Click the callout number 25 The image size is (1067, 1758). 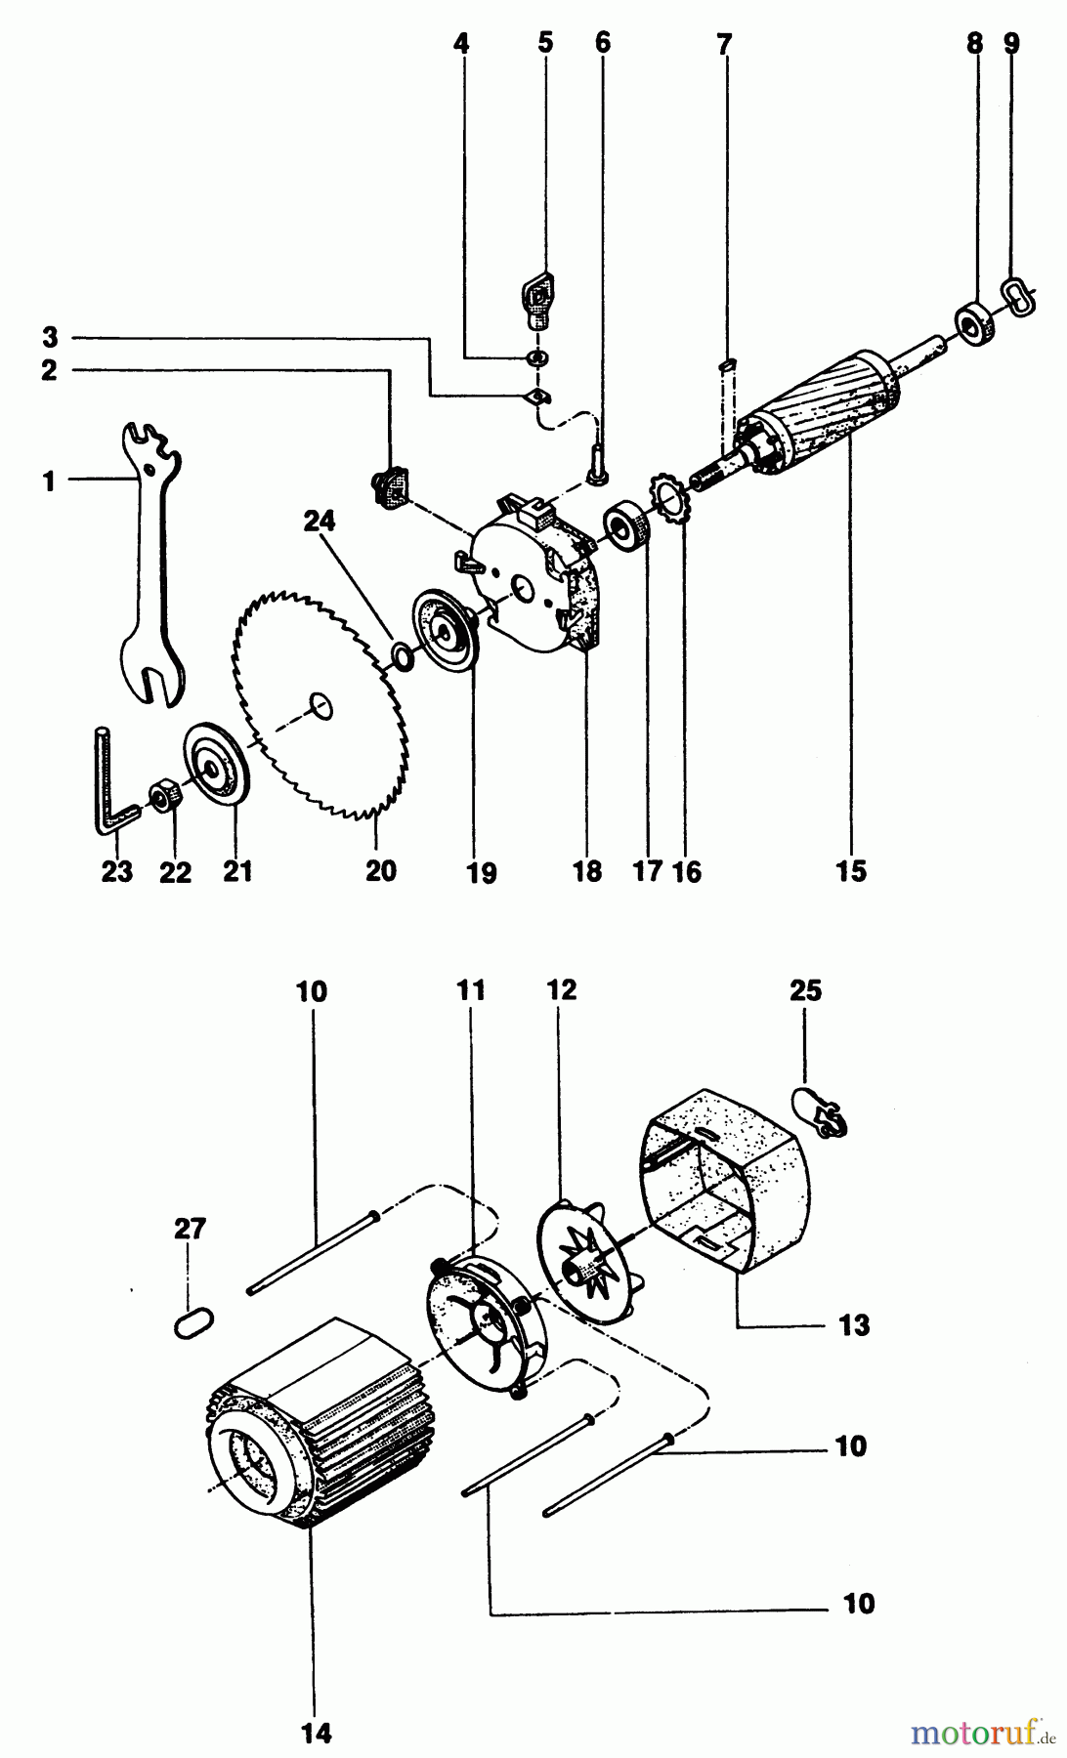[805, 990]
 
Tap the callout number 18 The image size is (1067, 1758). [587, 870]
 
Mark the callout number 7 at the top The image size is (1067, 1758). [723, 44]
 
